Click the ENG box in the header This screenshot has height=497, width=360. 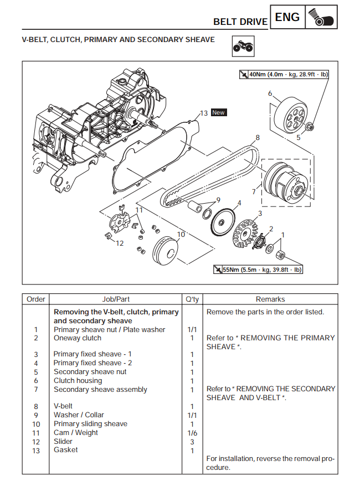pyautogui.click(x=287, y=17)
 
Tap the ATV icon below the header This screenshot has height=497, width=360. pyautogui.click(x=243, y=46)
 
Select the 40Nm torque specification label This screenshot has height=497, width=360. pyautogui.click(x=284, y=75)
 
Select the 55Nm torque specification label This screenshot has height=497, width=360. pyautogui.click(x=258, y=270)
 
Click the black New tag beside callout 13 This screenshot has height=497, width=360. pyautogui.click(x=219, y=112)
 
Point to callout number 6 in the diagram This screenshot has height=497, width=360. pyautogui.click(x=270, y=93)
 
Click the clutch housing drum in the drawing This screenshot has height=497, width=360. pyautogui.click(x=291, y=115)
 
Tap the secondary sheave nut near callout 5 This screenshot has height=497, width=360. pyautogui.click(x=310, y=127)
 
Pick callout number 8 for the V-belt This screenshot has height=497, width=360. pyautogui.click(x=258, y=138)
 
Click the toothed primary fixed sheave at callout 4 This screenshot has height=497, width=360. pyautogui.click(x=223, y=222)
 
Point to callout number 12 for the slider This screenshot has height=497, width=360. pyautogui.click(x=120, y=244)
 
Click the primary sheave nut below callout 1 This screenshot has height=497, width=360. pyautogui.click(x=281, y=255)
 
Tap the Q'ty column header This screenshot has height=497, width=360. pyautogui.click(x=192, y=299)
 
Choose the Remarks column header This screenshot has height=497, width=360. pyautogui.click(x=270, y=299)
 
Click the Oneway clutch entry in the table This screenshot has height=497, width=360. pyautogui.click(x=78, y=338)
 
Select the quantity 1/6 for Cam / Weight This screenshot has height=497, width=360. pyautogui.click(x=192, y=433)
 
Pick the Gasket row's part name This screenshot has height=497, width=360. pyautogui.click(x=66, y=450)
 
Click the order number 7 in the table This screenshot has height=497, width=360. pyautogui.click(x=36, y=390)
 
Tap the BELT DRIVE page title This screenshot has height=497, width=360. pyautogui.click(x=240, y=22)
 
